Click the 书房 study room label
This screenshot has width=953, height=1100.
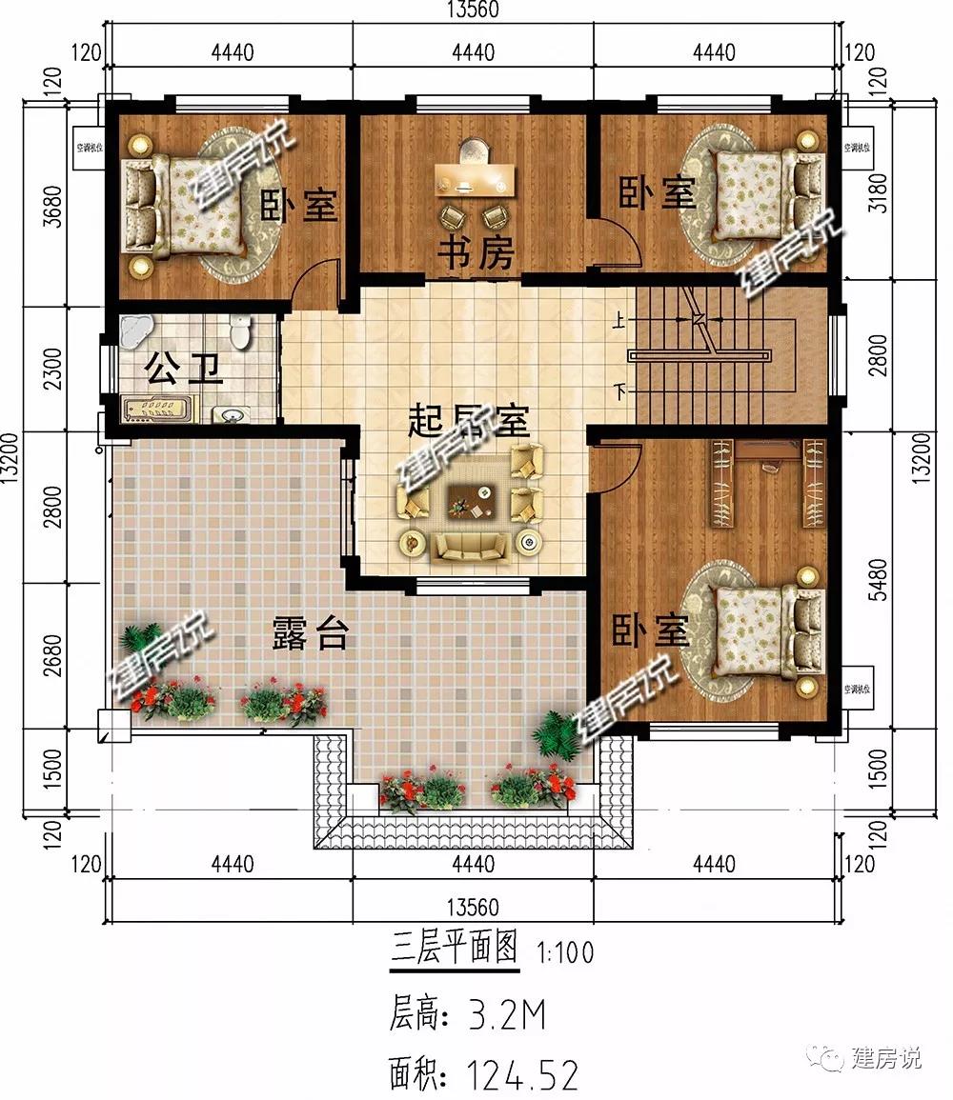coord(476,253)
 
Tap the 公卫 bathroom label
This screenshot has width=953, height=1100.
coord(184,368)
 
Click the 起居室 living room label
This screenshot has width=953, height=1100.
coord(468,420)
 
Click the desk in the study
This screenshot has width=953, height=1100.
coord(475,177)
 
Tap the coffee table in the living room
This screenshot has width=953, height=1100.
coord(471,498)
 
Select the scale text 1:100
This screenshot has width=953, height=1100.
coord(565,951)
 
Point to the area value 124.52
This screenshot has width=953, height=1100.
coord(522,1075)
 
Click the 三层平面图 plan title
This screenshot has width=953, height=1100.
coord(455,949)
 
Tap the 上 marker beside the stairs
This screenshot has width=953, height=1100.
coord(620,322)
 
